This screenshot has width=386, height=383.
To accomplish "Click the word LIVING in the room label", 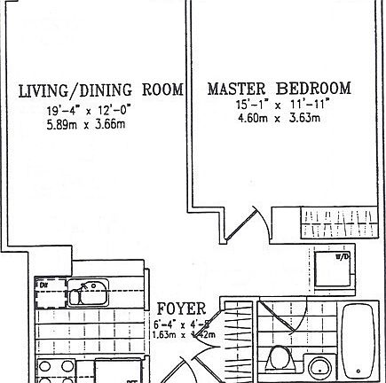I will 43,90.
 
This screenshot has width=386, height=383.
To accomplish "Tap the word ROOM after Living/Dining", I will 162,90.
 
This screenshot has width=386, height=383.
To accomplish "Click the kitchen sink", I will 90,287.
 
